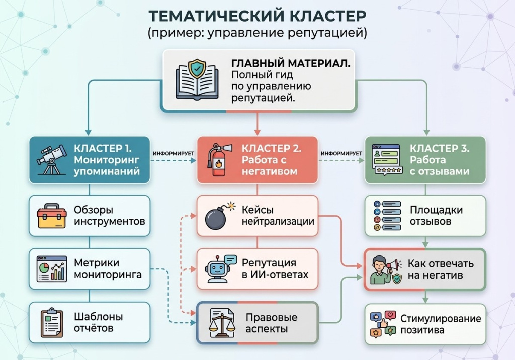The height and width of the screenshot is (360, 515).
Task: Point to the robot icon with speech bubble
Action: coord(219,269)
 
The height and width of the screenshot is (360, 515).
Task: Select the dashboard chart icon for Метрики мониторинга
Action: coord(51,269)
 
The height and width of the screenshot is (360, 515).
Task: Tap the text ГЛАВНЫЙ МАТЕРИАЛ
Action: coord(291,64)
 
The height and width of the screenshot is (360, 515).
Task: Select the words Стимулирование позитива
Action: coord(441,324)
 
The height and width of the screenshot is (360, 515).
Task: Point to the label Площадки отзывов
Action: coord(436,216)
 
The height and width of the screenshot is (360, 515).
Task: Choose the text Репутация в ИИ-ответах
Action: coord(275,269)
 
